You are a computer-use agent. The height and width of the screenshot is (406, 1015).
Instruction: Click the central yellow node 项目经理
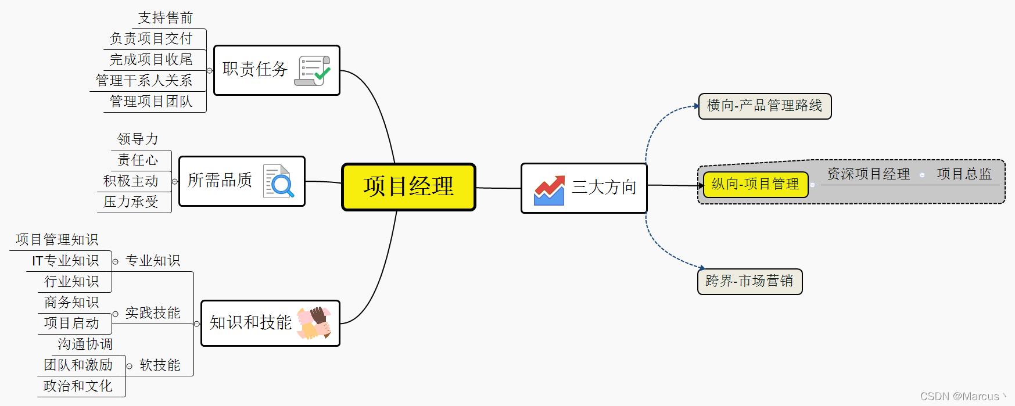point(408,186)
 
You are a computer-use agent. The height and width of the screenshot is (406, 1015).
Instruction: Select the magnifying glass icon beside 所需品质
point(279,181)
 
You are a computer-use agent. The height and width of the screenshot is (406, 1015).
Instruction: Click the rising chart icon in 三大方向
point(549,190)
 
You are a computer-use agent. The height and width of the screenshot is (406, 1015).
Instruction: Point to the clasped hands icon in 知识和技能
point(314,323)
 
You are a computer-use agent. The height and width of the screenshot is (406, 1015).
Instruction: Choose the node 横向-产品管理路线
point(765,106)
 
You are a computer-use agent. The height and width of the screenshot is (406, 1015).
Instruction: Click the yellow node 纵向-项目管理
point(755,184)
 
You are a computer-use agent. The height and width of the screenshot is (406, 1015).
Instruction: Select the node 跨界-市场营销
point(749,281)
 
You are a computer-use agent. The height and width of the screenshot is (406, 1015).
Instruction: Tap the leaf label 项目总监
point(964,174)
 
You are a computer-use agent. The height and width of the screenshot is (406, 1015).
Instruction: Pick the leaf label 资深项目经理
point(868,174)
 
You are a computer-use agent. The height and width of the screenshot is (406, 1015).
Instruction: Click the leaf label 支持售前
point(166,18)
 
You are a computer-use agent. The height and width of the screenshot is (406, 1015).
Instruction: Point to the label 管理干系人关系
point(144,81)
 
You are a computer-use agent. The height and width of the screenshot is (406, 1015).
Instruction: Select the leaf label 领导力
point(138,139)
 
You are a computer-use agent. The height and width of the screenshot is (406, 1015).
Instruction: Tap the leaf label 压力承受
point(131,202)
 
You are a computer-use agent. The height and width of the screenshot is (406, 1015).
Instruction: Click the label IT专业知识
point(66,261)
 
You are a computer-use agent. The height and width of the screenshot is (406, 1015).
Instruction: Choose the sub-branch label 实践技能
point(153,313)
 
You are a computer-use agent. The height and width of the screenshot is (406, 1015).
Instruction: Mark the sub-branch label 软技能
point(160,365)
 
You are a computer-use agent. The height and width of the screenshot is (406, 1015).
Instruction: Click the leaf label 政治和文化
point(78,386)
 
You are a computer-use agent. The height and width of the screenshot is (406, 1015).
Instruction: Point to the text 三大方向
point(604,187)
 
